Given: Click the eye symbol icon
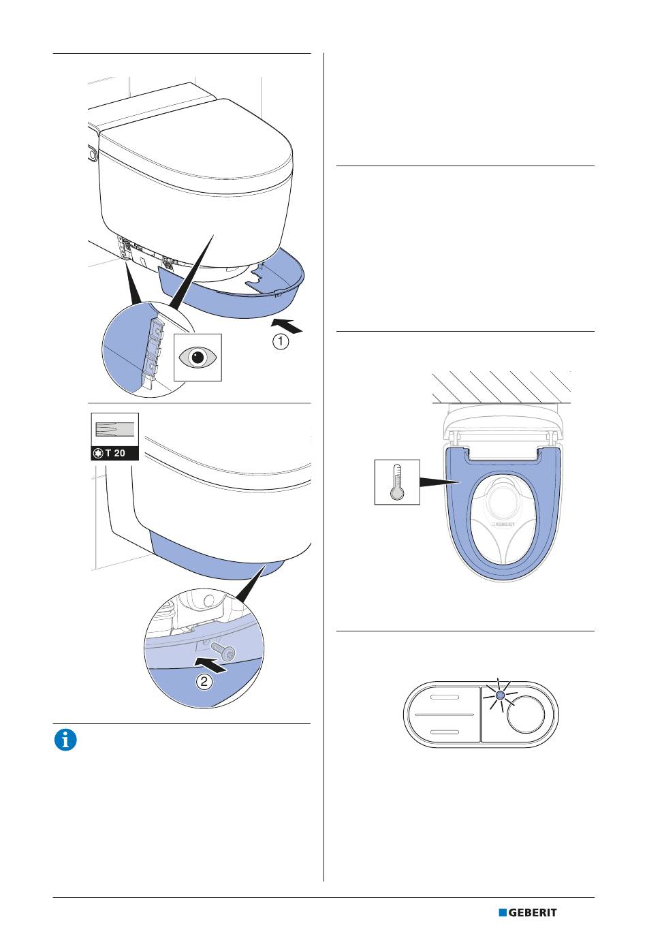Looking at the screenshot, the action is point(198,357).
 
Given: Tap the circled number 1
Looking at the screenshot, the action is point(281,342).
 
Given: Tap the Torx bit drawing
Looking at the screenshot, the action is point(114,429).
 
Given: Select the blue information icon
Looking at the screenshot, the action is point(65,740).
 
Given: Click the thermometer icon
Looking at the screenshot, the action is point(397,482).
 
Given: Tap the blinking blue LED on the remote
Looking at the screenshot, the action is point(500,695).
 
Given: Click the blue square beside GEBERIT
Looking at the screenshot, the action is point(503,912).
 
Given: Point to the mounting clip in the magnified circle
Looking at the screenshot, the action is point(155,349).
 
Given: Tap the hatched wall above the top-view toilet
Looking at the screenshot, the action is point(501,386).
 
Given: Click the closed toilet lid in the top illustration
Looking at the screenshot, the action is point(198,143).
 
